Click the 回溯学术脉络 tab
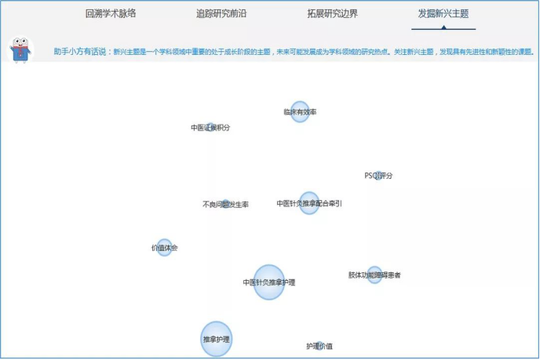pyautogui.click(x=111, y=13)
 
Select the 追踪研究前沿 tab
pyautogui.click(x=221, y=13)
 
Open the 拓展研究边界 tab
pyautogui.click(x=332, y=13)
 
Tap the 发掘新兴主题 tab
pyautogui.click(x=443, y=13)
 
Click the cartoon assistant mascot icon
pyautogui.click(x=21, y=51)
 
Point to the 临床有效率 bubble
pyautogui.click(x=300, y=111)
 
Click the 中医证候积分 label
pyautogui.click(x=210, y=127)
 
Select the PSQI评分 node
pyautogui.click(x=378, y=175)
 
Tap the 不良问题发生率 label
pyautogui.click(x=225, y=205)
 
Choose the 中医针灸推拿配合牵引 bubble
pyautogui.click(x=309, y=203)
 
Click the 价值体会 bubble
pyautogui.click(x=164, y=248)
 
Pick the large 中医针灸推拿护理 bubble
pyautogui.click(x=269, y=282)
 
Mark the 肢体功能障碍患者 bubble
pyautogui.click(x=374, y=275)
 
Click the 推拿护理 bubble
pyautogui.click(x=217, y=339)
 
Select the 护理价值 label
pyautogui.click(x=319, y=346)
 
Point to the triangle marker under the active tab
pyautogui.click(x=443, y=27)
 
